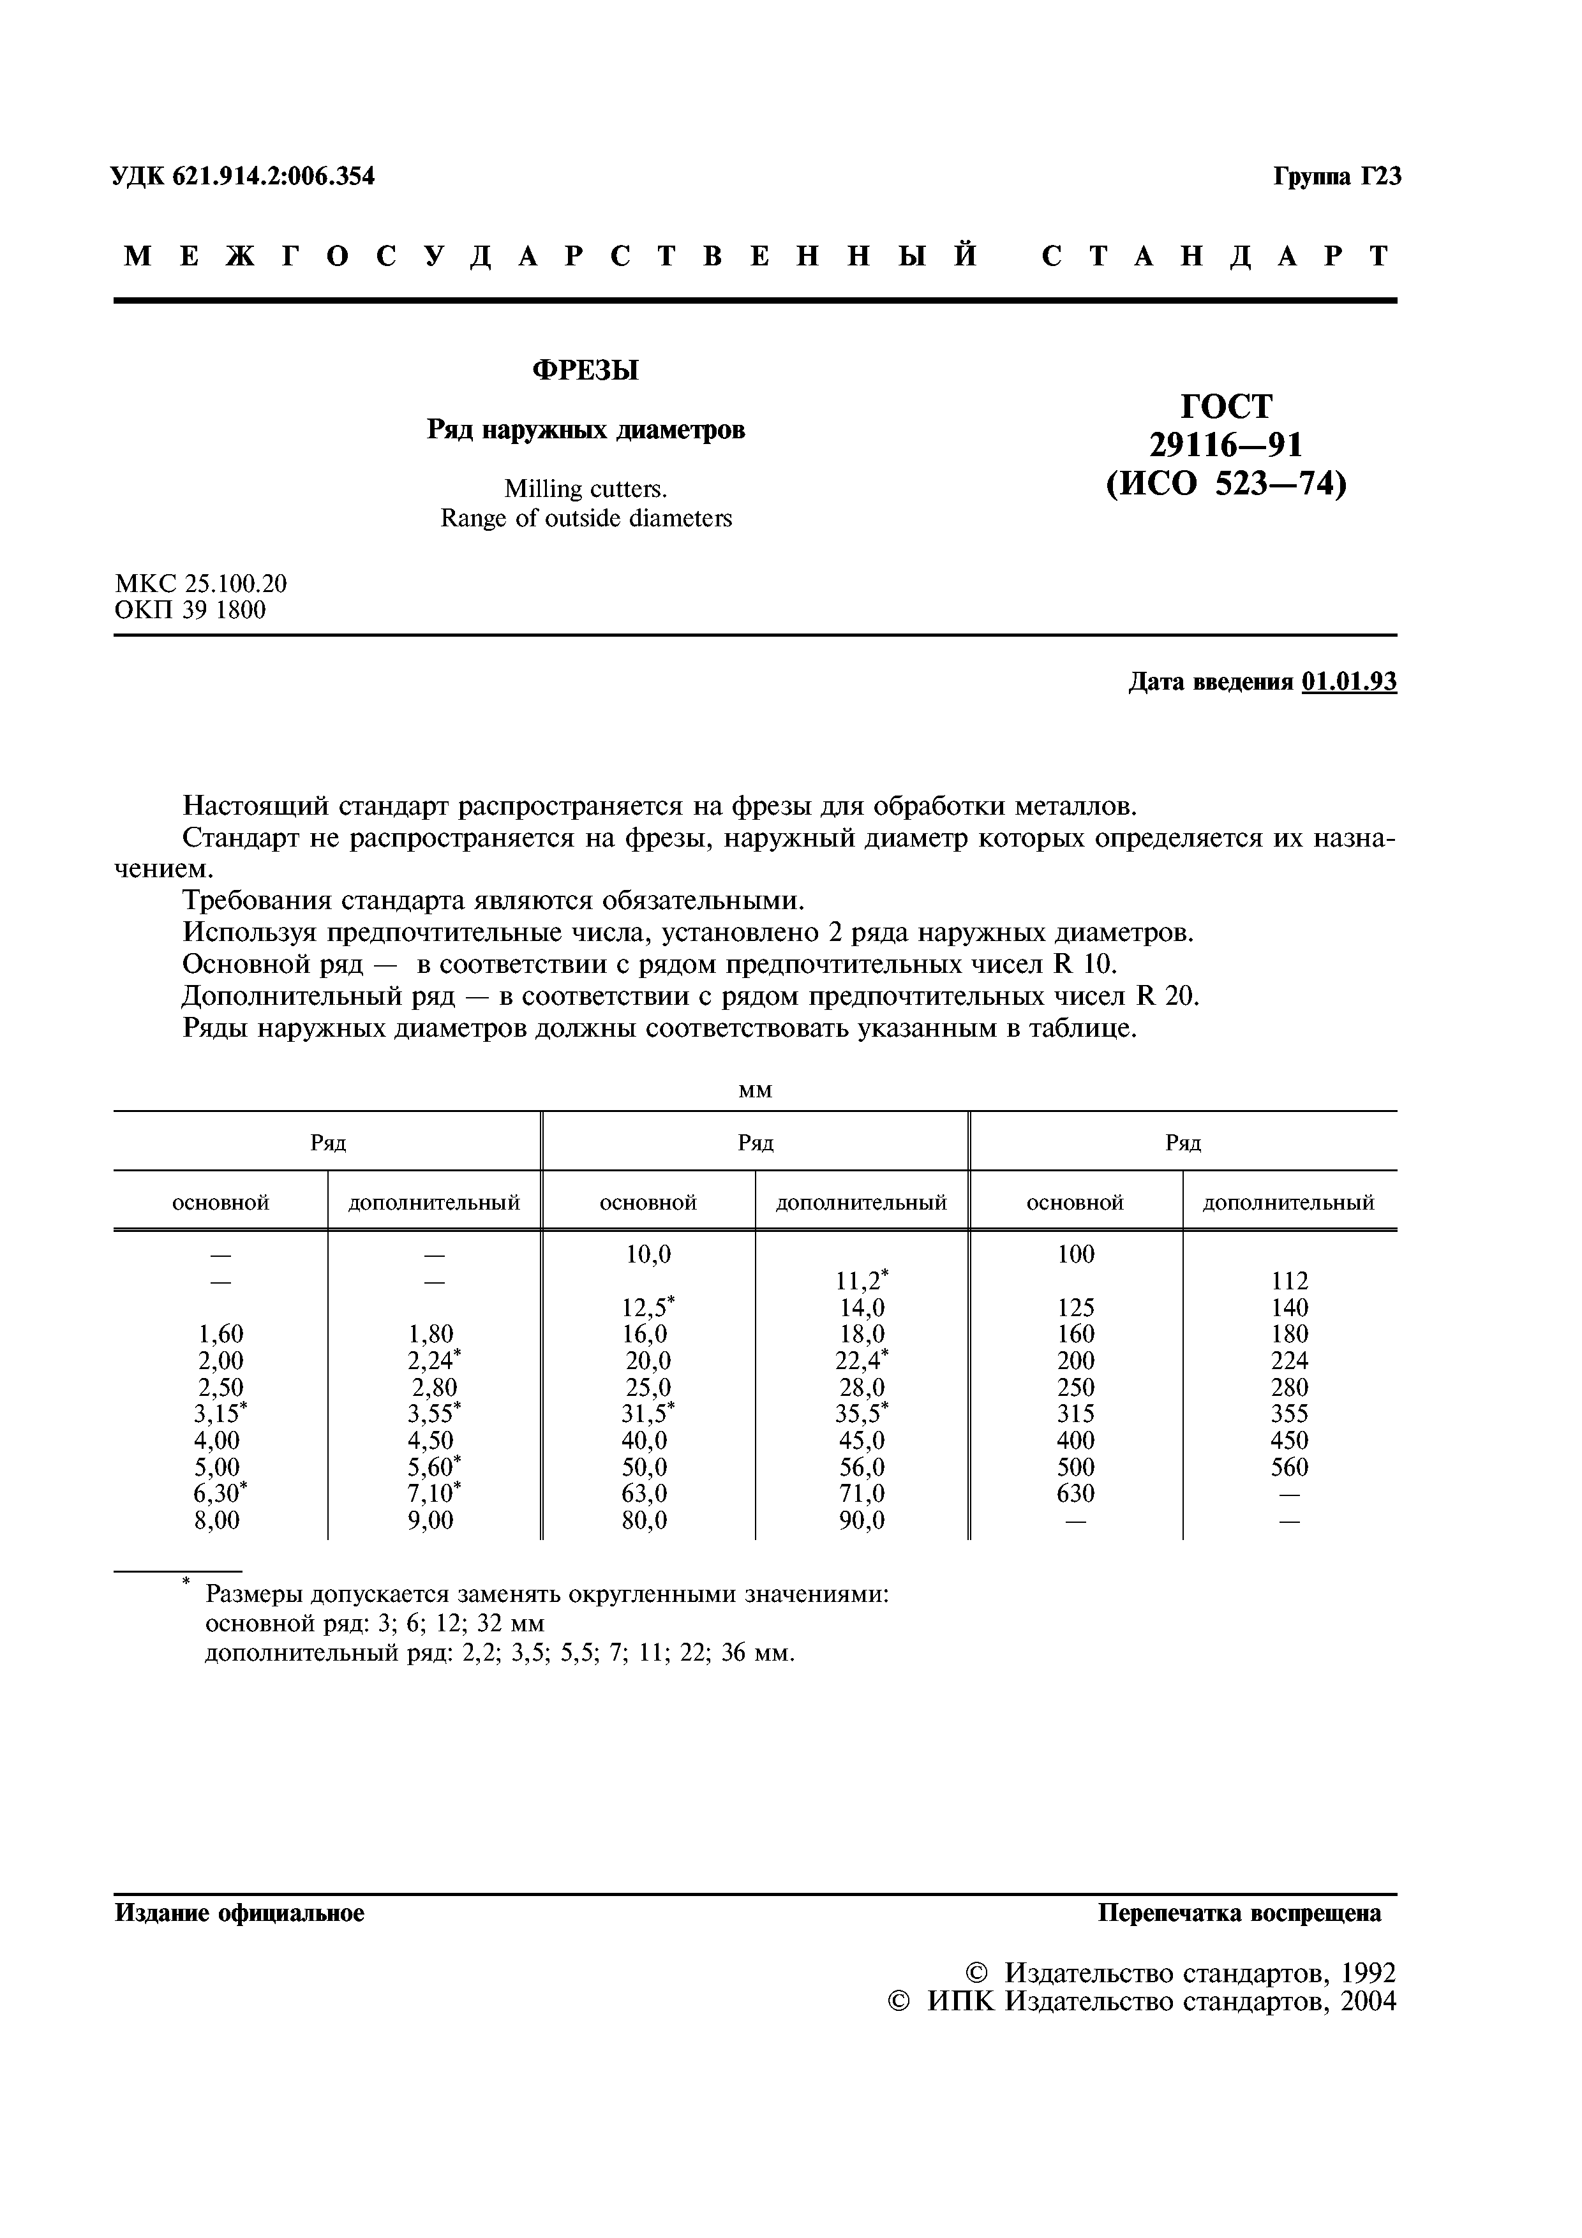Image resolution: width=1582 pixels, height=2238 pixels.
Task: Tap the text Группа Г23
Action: [x=1336, y=177]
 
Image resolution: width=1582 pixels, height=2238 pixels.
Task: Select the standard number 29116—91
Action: [x=1225, y=445]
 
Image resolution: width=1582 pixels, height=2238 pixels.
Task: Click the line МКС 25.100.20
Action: [x=201, y=584]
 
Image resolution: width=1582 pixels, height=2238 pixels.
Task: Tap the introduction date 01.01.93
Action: [x=1348, y=683]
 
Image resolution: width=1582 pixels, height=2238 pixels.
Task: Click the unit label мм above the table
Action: [x=756, y=1092]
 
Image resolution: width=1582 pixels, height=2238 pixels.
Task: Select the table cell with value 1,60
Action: [x=220, y=1335]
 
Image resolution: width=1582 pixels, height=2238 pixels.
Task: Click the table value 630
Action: [x=1075, y=1493]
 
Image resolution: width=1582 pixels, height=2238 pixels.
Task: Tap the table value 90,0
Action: [x=862, y=1520]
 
